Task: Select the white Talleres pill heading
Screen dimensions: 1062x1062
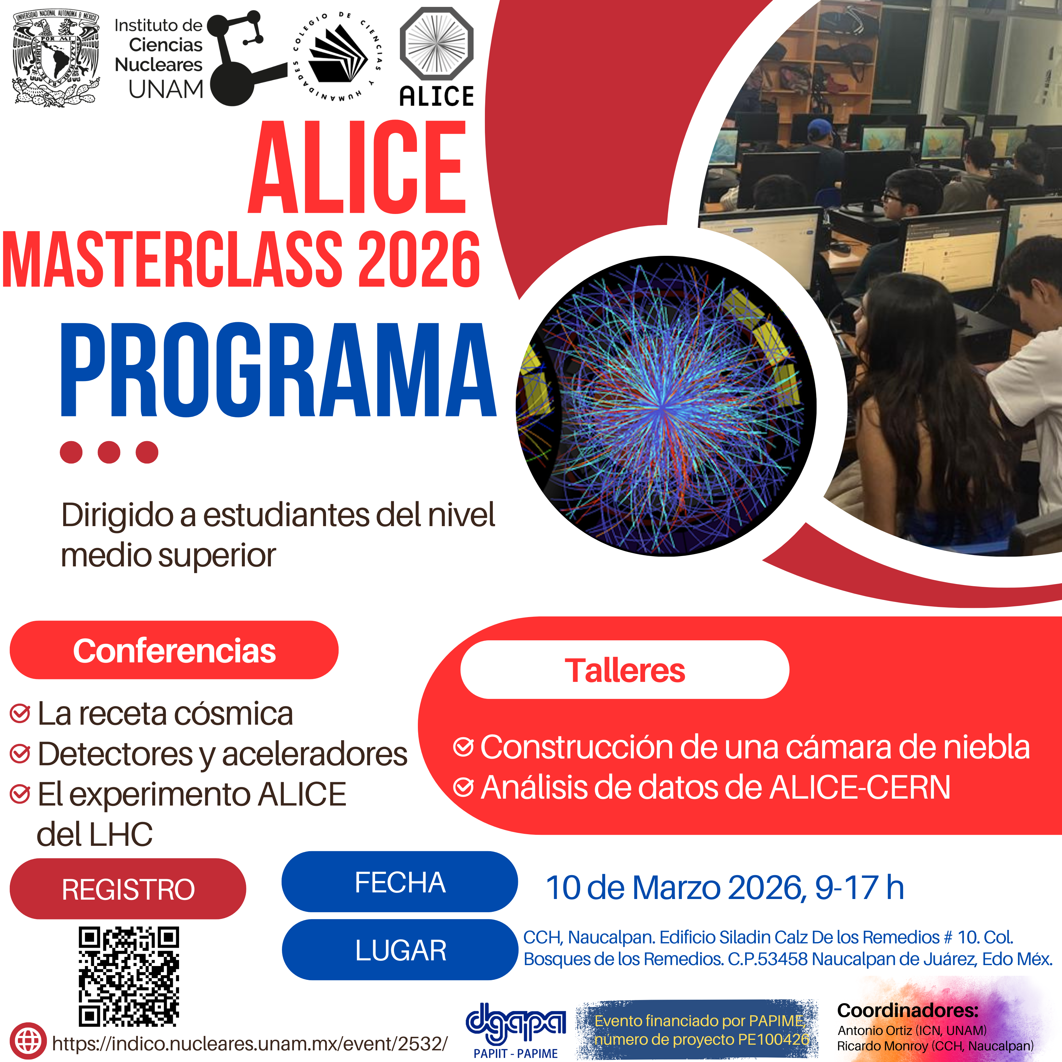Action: click(x=625, y=670)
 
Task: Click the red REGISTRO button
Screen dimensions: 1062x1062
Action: click(x=128, y=889)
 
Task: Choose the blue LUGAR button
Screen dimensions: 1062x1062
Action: click(x=400, y=950)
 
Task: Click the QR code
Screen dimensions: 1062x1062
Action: click(x=129, y=977)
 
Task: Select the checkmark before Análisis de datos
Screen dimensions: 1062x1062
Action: click(x=464, y=787)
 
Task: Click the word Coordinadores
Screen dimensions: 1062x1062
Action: click(x=907, y=1010)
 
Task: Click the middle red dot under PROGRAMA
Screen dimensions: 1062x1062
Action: click(x=109, y=452)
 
